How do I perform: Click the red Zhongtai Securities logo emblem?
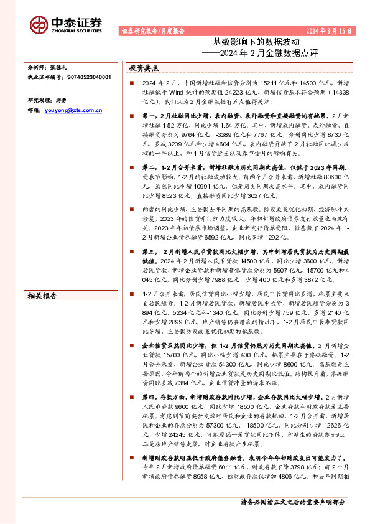(39, 24)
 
